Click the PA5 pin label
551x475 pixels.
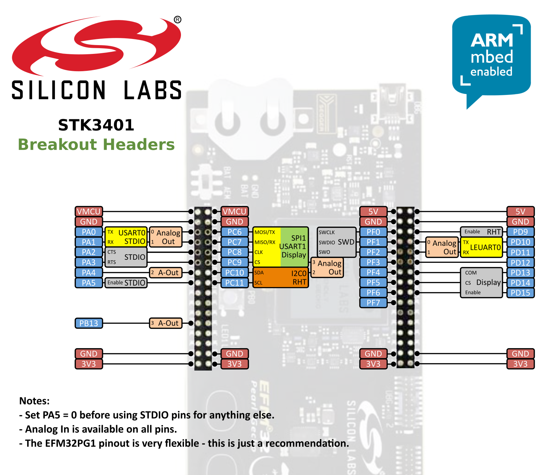tap(88, 283)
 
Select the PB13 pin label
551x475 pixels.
tap(88, 323)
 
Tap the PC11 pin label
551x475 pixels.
tap(234, 283)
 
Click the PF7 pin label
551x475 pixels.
tap(373, 303)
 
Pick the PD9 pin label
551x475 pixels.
tap(520, 232)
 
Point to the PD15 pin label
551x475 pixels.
tap(520, 293)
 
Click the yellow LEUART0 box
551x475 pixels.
tap(481, 248)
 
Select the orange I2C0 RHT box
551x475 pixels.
tap(281, 278)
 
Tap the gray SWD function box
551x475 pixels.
tap(336, 242)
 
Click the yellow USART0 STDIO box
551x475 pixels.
tap(126, 237)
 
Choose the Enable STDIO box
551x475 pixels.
tap(126, 283)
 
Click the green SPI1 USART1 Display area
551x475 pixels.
tap(294, 246)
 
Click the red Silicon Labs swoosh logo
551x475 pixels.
tap(97, 46)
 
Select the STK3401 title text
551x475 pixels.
tap(96, 125)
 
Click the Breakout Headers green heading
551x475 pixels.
tap(96, 144)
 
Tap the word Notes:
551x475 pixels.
tap(35, 401)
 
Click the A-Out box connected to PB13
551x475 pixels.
tap(166, 323)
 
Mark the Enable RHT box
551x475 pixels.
tap(481, 232)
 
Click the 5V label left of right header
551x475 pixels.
tap(373, 212)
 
